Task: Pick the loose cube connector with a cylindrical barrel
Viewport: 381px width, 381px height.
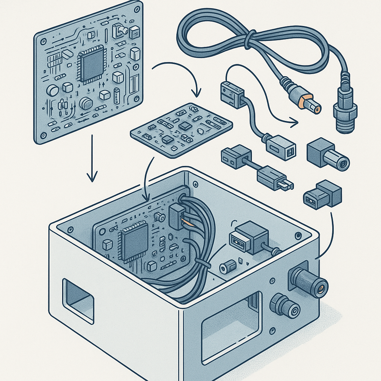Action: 327,155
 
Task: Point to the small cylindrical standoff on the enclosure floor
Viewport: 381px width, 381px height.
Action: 228,266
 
